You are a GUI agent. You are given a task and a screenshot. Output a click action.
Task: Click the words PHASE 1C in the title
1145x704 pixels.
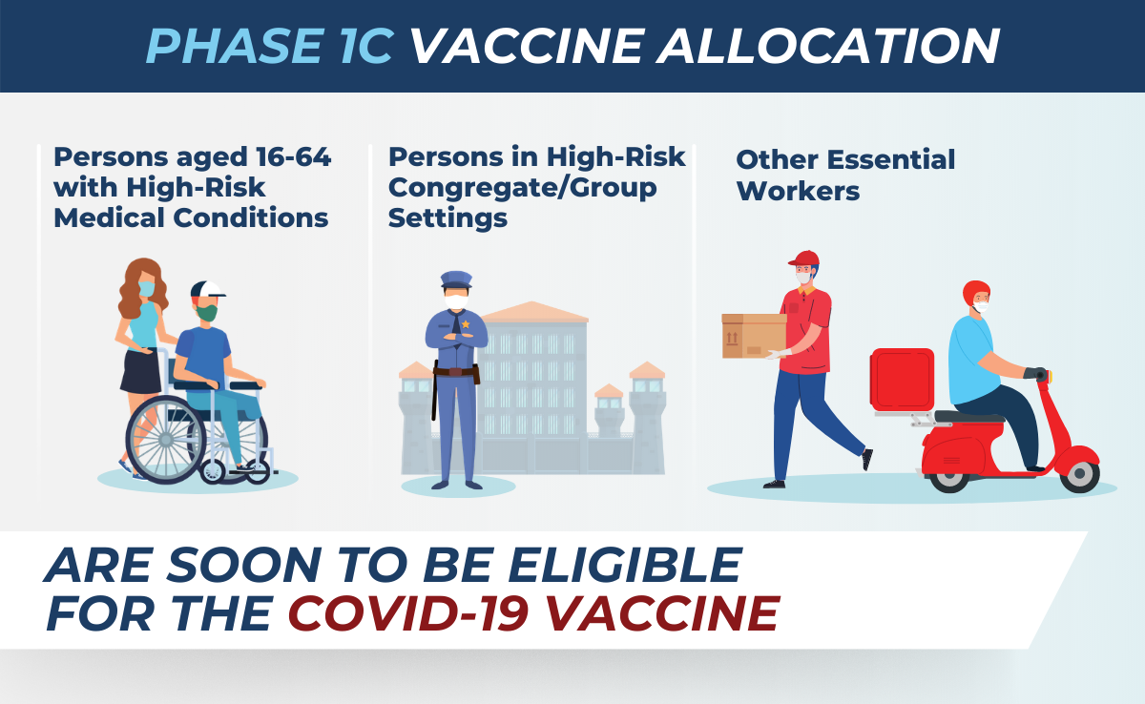(270, 46)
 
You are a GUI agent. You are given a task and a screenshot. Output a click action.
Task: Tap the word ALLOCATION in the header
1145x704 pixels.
(827, 46)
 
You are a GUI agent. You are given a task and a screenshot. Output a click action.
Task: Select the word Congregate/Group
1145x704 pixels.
(523, 188)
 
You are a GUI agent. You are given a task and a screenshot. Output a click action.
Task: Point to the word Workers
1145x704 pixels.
(798, 192)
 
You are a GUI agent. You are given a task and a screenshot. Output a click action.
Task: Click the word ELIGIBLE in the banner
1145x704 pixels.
(625, 565)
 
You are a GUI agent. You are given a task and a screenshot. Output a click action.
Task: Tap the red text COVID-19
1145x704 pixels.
(408, 613)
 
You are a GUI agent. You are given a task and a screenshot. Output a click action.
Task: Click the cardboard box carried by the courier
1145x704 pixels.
(754, 336)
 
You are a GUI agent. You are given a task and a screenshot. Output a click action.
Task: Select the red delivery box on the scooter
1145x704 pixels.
(902, 380)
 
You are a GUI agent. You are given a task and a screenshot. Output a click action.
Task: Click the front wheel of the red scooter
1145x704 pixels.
(1079, 473)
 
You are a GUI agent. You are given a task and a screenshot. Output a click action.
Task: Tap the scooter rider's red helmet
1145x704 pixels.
(976, 293)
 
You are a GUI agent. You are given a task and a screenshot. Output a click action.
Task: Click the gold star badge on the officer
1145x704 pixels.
(466, 324)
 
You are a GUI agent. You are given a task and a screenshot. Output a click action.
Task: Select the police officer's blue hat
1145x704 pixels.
(456, 280)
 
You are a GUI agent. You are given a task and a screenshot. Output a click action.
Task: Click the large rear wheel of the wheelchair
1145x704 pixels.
(166, 439)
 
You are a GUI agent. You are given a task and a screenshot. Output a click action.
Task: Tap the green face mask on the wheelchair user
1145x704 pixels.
(207, 313)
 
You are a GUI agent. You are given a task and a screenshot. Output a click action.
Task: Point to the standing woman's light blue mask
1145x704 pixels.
(147, 289)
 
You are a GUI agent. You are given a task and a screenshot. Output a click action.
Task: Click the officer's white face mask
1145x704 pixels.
(456, 301)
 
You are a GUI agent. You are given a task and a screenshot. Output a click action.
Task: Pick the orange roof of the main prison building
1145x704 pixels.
(533, 312)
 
